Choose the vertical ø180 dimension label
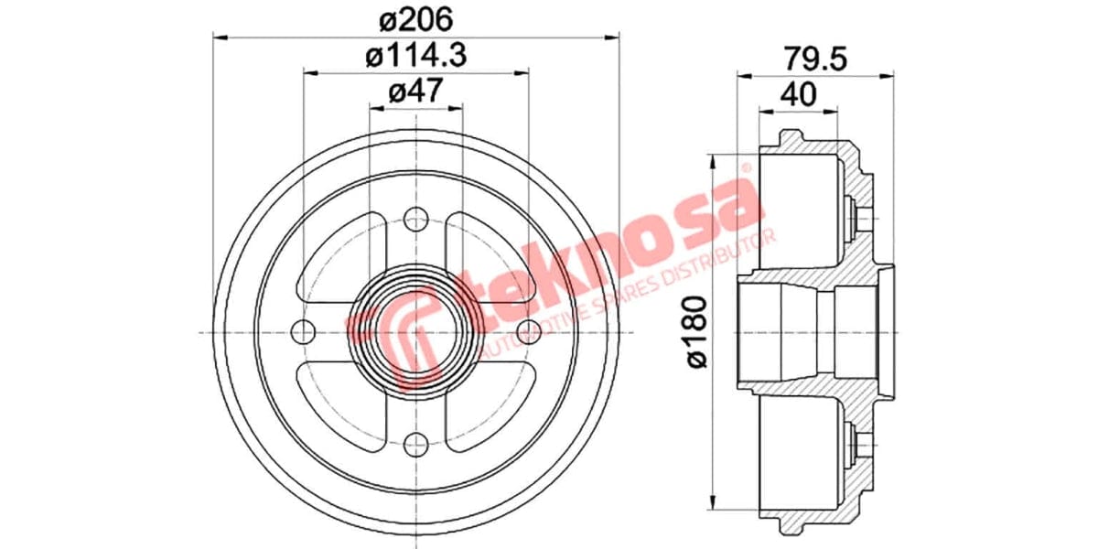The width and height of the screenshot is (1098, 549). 698,331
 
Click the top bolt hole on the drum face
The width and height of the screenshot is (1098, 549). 416,219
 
